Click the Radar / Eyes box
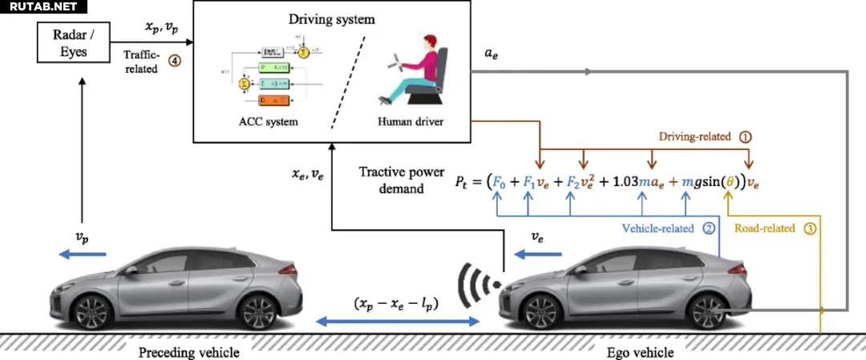[x=72, y=43]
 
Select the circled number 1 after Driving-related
[x=745, y=136]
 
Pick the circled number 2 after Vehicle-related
[x=708, y=228]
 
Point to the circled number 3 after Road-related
[x=810, y=228]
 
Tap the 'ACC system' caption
[x=269, y=121]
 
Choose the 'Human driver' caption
[x=410, y=121]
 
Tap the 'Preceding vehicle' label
[x=188, y=352]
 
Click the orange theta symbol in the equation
[x=730, y=181]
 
